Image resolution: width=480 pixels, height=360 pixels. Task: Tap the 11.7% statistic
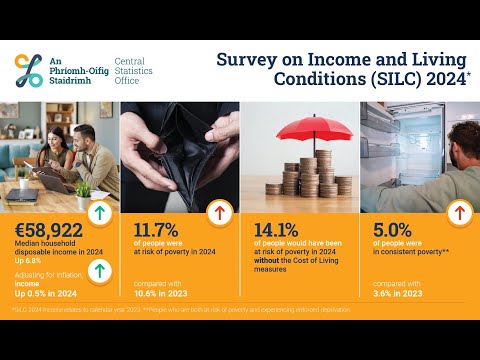pyautogui.click(x=156, y=229)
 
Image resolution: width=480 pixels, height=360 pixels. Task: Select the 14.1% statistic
pyautogui.click(x=276, y=229)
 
